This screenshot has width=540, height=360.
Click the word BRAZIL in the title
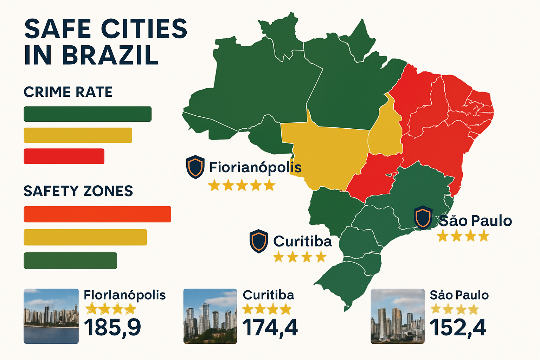point(110,55)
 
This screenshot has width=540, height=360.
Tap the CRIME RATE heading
point(68,92)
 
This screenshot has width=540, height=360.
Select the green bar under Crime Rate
point(88,114)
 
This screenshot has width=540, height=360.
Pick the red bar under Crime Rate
point(64,156)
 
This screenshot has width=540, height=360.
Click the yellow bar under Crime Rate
point(78,135)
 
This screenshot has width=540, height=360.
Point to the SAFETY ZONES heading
point(78,191)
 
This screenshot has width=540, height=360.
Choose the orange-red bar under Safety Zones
point(97,214)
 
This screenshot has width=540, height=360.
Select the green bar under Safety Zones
point(70,261)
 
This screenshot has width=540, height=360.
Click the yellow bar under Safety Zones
point(85,237)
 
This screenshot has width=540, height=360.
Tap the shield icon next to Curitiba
point(259,241)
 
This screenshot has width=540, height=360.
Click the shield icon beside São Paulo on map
point(423,218)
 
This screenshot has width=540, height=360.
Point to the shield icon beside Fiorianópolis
point(195,167)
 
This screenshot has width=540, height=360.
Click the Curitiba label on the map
point(302,242)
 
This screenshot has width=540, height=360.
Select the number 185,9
point(112,327)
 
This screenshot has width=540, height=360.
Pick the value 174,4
point(270,327)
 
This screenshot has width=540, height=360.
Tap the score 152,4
point(458,327)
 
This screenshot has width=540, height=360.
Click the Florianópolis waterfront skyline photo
point(51,316)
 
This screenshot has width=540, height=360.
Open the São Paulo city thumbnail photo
point(398,316)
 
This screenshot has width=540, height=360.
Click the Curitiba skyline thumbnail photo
point(210,316)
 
